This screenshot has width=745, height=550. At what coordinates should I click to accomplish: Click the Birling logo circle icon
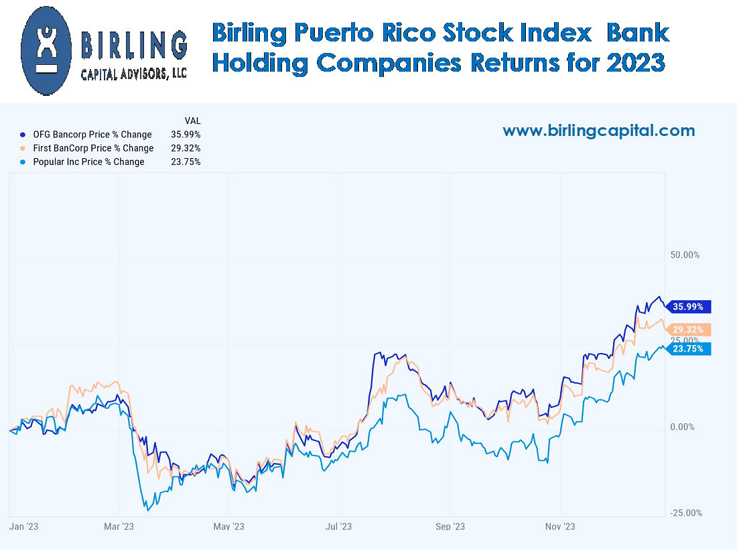[x=46, y=50]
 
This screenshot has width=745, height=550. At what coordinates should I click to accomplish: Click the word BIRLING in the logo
[x=134, y=46]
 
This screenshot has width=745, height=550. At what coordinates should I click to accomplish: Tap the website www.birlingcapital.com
[x=598, y=131]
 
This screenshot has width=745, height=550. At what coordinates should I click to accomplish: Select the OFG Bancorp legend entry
[x=92, y=135]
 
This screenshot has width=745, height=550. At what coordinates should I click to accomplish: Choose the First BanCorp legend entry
[x=93, y=148]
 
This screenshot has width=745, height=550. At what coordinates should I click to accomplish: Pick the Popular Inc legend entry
[x=88, y=161]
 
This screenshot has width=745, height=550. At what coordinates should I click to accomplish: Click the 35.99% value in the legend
[x=186, y=135]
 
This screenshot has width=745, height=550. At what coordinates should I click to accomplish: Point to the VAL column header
[x=192, y=121]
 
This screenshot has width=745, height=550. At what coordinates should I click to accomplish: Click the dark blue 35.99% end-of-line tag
[x=689, y=307]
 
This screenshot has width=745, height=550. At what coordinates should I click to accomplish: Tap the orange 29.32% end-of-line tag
[x=689, y=330]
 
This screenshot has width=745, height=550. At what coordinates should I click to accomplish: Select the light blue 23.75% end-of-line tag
[x=689, y=348]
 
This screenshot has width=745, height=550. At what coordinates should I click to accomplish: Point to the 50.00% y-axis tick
[x=685, y=255]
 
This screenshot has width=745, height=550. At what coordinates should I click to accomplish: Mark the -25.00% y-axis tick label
[x=685, y=512]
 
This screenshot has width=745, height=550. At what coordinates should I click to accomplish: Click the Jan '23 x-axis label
[x=24, y=527]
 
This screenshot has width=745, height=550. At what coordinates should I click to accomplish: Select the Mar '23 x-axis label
[x=119, y=527]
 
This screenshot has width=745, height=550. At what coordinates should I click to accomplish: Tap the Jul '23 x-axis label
[x=339, y=527]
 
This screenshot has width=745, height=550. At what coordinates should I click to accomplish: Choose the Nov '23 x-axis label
[x=560, y=527]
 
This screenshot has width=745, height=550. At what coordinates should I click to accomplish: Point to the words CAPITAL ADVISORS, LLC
[x=134, y=74]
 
